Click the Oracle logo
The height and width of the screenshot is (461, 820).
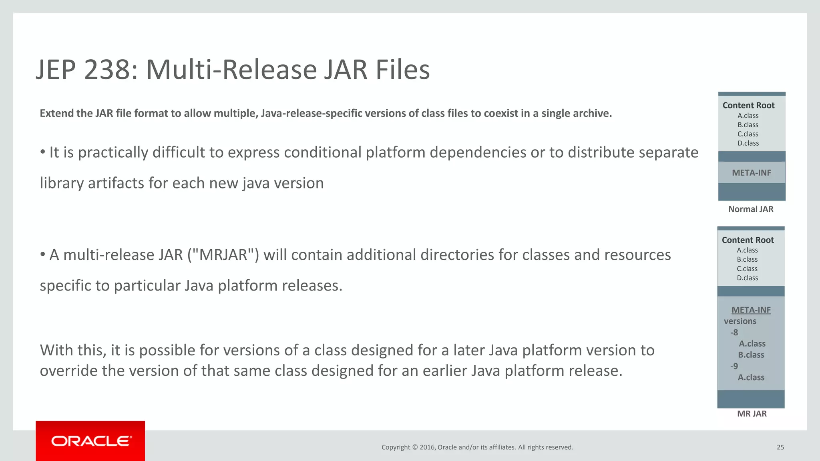click(x=91, y=441)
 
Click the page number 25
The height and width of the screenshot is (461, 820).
click(x=780, y=447)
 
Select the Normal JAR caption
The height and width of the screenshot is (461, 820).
click(x=751, y=209)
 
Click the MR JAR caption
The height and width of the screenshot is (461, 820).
click(x=752, y=414)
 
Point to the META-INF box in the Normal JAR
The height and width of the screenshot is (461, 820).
click(x=752, y=173)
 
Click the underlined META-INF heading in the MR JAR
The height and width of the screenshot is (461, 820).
click(x=751, y=310)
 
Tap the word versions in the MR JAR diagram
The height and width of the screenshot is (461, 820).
click(x=740, y=321)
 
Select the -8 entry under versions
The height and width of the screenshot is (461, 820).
click(x=734, y=332)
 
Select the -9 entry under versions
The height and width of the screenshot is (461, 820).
click(x=734, y=366)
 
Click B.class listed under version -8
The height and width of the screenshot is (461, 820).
click(x=751, y=355)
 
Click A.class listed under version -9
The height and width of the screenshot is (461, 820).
click(x=751, y=377)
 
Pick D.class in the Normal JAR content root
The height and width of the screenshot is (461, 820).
click(x=748, y=143)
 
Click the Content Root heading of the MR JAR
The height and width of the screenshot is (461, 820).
click(x=748, y=240)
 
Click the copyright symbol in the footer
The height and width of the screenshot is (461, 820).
click(x=415, y=447)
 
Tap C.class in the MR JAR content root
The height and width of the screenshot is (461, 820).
click(x=747, y=269)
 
